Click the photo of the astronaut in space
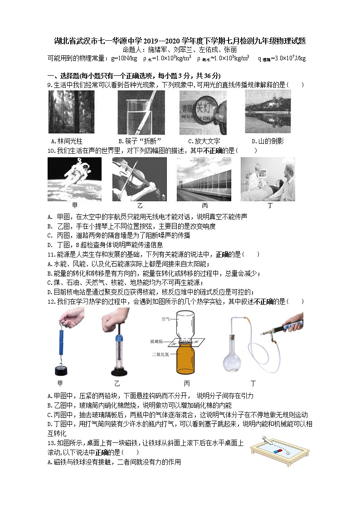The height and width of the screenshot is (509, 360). tap(74, 179)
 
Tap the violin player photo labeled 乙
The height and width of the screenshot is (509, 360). tap(139, 179)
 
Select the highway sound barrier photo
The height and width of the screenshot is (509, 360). tap(204, 179)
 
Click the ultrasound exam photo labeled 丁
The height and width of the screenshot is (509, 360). tap(268, 179)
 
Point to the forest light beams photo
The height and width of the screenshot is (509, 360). tap(71, 112)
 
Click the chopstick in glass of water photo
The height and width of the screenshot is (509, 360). tap(141, 112)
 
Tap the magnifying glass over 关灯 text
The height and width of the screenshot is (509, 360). tap(203, 111)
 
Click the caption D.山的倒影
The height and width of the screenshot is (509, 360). tap(268, 141)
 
